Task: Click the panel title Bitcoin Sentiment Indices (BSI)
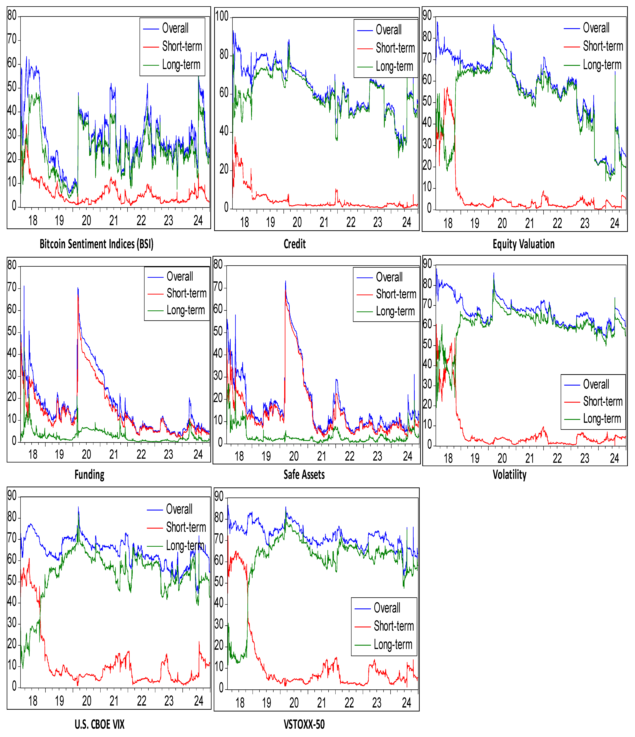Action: (x=96, y=244)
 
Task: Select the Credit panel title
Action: (x=295, y=244)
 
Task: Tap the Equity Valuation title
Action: (x=523, y=244)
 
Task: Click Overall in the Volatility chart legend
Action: (x=596, y=385)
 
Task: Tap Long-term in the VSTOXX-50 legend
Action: (x=393, y=644)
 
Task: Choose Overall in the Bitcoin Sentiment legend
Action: (x=175, y=28)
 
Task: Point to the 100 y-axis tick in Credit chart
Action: (x=222, y=16)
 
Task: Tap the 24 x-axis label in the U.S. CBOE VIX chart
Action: (x=199, y=701)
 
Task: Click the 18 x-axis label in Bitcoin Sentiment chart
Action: (x=33, y=221)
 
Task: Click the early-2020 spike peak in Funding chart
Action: (x=78, y=288)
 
